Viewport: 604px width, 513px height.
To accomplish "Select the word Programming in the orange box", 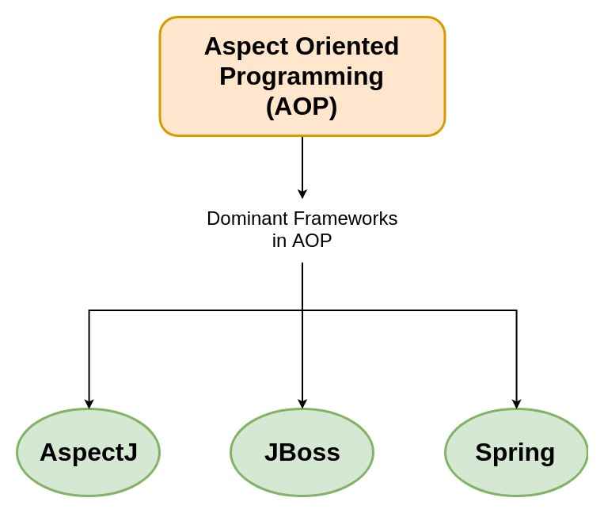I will [x=302, y=77].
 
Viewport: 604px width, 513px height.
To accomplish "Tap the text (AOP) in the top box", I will [x=302, y=106].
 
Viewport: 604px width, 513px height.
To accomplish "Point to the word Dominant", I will [x=246, y=218].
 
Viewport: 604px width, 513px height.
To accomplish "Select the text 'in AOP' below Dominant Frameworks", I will [x=302, y=241].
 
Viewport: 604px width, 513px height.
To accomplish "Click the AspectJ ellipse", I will [x=89, y=452].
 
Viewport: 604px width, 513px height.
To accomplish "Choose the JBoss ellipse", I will [x=302, y=452].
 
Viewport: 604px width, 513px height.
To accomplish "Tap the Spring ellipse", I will [x=516, y=452].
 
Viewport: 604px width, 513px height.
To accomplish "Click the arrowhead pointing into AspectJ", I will [x=89, y=404].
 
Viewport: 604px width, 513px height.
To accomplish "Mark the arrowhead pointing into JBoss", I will [x=302, y=404].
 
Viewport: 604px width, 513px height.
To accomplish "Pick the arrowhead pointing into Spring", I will [x=517, y=404].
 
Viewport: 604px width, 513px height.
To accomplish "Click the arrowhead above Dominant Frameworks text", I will [x=302, y=194].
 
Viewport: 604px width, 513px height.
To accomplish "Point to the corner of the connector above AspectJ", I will [x=89, y=310].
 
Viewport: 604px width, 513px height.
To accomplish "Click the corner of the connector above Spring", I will [x=517, y=310].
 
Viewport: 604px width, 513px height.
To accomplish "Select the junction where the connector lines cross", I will [x=302, y=310].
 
